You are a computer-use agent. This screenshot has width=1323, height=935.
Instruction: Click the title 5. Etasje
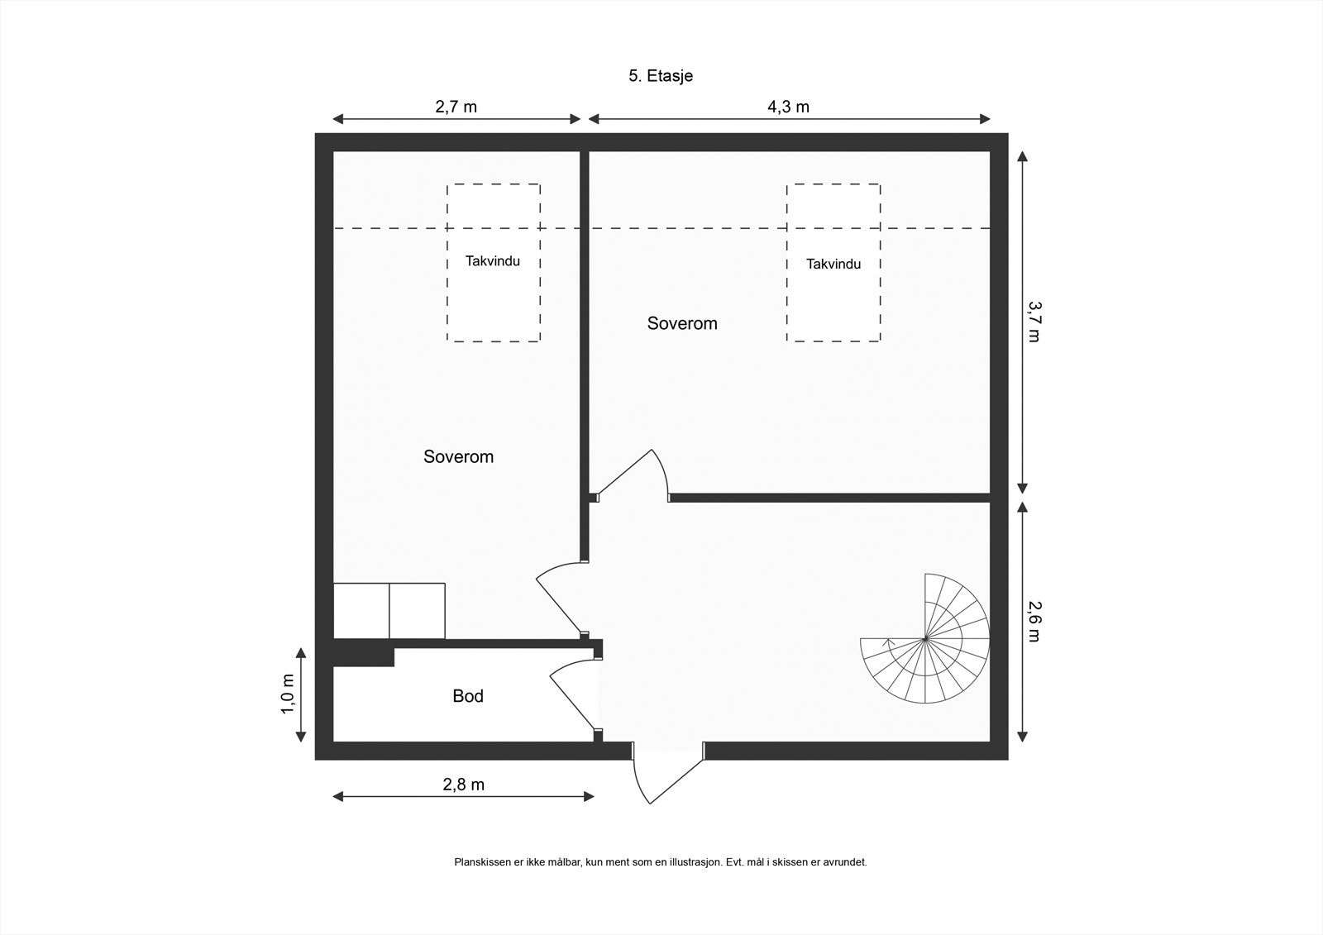click(x=660, y=76)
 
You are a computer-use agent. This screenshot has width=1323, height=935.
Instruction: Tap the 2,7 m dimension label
click(x=456, y=107)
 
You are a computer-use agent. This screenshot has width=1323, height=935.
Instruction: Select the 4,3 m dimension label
click(x=788, y=107)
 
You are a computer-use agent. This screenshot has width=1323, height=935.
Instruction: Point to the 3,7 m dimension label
click(x=1034, y=321)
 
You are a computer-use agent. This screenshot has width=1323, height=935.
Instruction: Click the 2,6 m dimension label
click(x=1034, y=622)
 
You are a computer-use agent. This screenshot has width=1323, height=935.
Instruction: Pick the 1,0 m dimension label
click(x=288, y=694)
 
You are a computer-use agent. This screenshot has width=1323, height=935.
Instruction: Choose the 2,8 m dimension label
click(x=463, y=785)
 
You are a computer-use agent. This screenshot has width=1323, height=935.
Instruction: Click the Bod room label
click(x=467, y=696)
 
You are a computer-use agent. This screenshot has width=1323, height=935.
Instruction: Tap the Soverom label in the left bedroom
click(x=458, y=456)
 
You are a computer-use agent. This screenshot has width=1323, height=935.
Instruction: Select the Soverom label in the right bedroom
click(x=681, y=323)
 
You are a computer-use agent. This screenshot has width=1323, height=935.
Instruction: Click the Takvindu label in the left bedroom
click(x=493, y=261)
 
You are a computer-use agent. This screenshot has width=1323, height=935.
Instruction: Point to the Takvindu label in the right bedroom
click(x=833, y=265)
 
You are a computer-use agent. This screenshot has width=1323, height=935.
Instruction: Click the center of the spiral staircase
click(x=924, y=639)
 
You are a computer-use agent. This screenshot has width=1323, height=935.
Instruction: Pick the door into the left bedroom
click(x=561, y=599)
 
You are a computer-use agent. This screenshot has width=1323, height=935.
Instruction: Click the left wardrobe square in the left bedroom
click(x=361, y=611)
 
